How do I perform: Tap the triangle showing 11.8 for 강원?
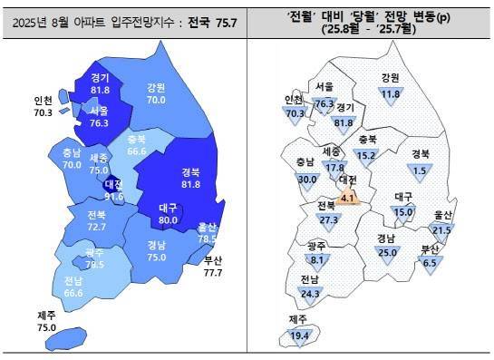[x=391, y=94]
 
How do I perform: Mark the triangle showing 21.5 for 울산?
[x=441, y=231]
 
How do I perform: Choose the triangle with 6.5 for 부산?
[x=431, y=263]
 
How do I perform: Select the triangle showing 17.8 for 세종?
[x=334, y=168]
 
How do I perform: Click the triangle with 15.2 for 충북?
[x=366, y=156]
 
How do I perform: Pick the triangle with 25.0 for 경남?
[x=387, y=252]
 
